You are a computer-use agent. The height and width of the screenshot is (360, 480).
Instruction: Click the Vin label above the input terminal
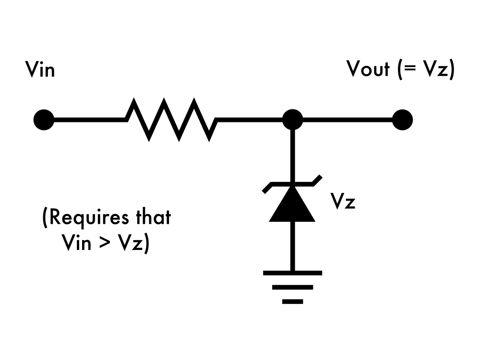tap(40, 70)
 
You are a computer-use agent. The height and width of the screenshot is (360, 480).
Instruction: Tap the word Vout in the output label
tap(368, 70)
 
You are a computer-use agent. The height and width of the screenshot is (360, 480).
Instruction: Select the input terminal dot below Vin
tap(44, 120)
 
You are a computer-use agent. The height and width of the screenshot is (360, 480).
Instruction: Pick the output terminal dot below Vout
tap(402, 120)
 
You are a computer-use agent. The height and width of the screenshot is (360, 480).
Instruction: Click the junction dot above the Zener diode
tap(292, 120)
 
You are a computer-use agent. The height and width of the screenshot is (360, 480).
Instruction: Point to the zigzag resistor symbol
tap(171, 120)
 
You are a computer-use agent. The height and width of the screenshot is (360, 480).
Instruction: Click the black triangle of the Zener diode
tap(292, 206)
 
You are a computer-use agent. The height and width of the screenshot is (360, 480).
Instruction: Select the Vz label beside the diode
tap(343, 202)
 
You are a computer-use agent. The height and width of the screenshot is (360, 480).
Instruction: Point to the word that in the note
tap(152, 217)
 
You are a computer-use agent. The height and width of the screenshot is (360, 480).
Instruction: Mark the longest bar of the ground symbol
tap(292, 273)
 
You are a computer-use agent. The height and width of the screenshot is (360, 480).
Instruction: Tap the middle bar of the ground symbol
tap(292, 288)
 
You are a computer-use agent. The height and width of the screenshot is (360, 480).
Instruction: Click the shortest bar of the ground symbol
tap(292, 301)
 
